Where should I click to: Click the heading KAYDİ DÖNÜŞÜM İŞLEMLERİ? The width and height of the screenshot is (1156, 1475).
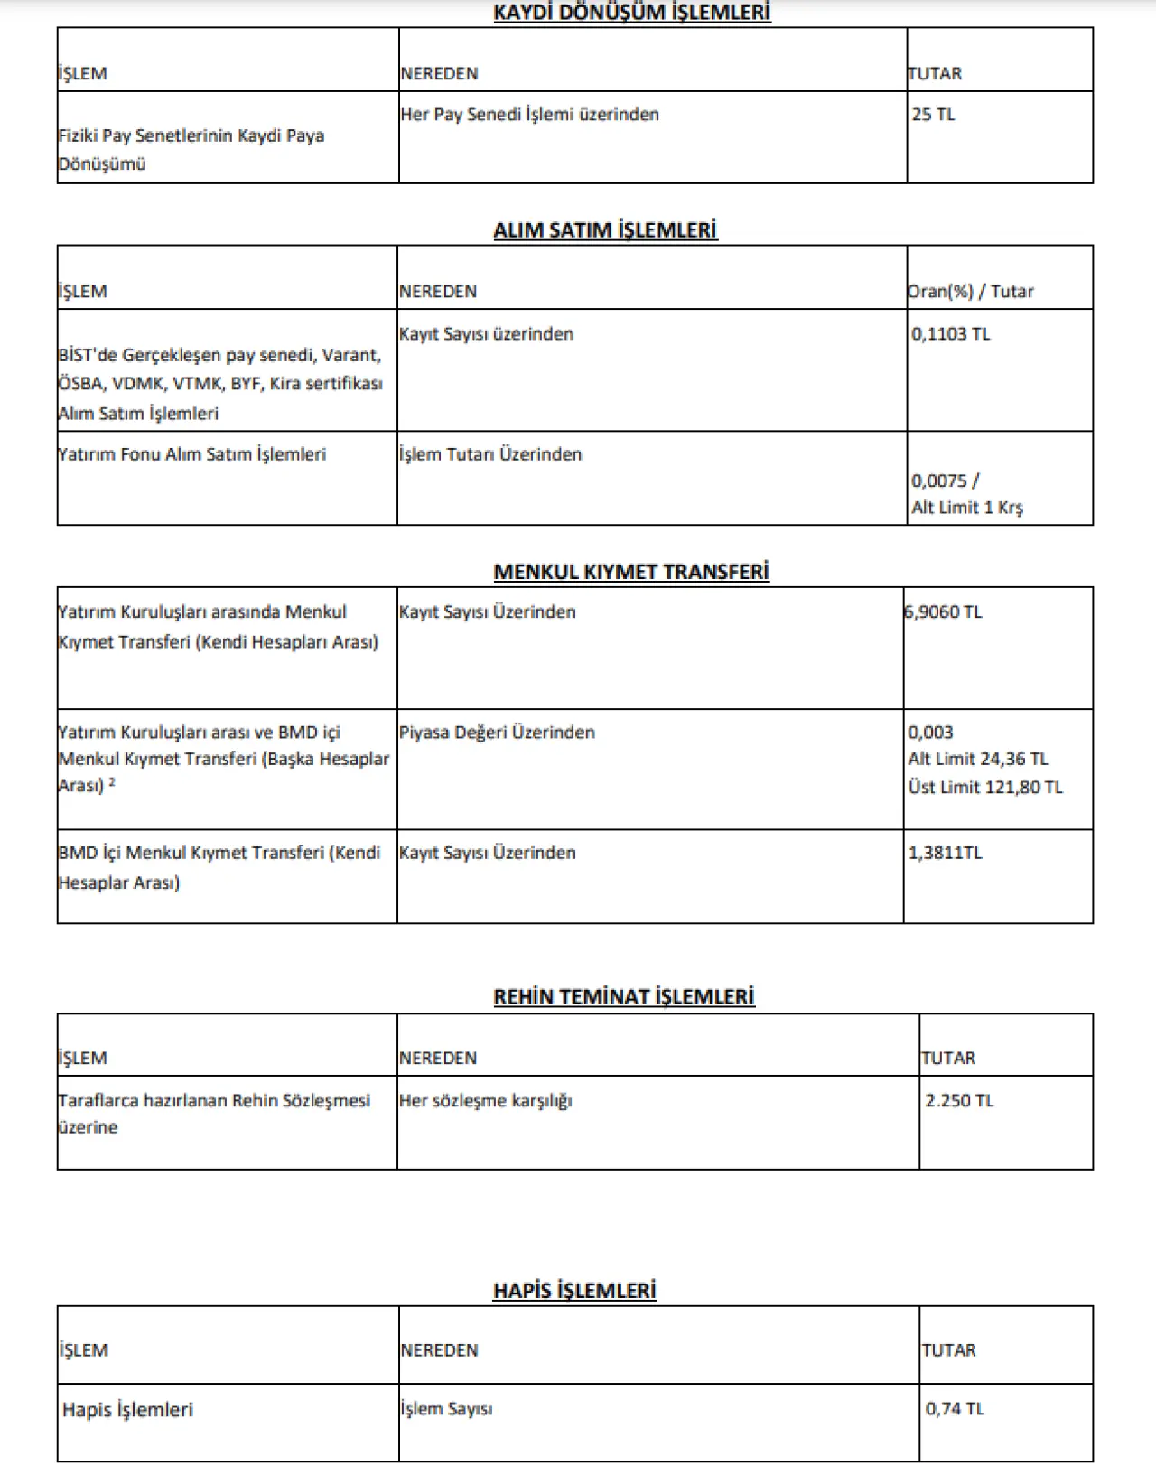(x=631, y=13)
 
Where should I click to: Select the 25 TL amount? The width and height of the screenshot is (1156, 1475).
(x=933, y=115)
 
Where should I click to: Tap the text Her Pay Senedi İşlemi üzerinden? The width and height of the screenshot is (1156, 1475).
(x=529, y=115)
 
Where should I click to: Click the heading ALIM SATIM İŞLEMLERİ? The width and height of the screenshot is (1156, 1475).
(x=605, y=230)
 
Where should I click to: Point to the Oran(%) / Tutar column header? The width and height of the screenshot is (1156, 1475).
(x=970, y=292)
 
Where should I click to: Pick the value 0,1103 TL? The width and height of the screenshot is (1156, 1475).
(x=950, y=334)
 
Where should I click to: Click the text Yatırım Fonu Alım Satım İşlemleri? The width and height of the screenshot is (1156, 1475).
(x=191, y=454)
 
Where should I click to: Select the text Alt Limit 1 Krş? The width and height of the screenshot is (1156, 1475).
(x=966, y=508)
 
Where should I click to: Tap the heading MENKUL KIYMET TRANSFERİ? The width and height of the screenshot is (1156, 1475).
(x=631, y=572)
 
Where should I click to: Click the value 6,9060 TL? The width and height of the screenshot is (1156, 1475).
(x=944, y=612)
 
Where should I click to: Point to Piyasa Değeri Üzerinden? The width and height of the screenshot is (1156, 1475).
(x=497, y=733)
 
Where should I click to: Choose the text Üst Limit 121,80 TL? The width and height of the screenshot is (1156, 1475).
(x=985, y=788)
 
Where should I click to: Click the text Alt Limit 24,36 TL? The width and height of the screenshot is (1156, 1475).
(x=978, y=760)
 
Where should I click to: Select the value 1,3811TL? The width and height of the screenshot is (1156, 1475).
(x=945, y=853)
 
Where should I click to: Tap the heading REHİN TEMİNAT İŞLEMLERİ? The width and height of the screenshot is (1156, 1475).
(x=624, y=997)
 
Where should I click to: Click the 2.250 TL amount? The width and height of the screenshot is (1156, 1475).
(x=959, y=1101)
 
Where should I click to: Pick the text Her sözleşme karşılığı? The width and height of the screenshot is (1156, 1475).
(x=486, y=1101)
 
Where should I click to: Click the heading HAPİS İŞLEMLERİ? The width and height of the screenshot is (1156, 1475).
(x=574, y=1291)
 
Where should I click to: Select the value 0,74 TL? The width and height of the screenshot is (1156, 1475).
(x=955, y=1409)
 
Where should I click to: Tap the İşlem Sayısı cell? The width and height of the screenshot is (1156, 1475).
(x=446, y=1409)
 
